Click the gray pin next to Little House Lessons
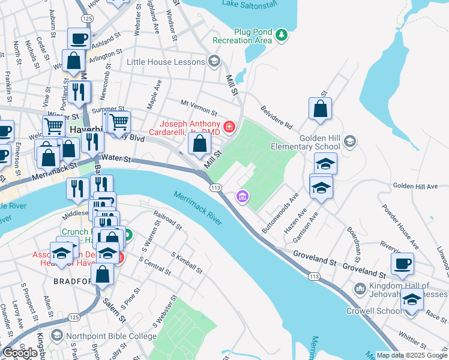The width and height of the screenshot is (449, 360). (x=214, y=61)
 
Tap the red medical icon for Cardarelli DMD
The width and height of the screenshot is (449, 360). (x=229, y=127)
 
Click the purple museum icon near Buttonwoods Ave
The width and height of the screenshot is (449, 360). (x=243, y=196)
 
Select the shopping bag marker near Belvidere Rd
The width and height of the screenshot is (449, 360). (x=321, y=109)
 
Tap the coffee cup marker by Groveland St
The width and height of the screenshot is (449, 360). (x=402, y=263)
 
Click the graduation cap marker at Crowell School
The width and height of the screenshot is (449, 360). (x=412, y=299)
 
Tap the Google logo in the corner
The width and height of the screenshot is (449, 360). (x=20, y=353)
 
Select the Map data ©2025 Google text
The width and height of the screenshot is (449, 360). (x=412, y=355)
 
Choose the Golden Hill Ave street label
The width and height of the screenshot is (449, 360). (x=415, y=187)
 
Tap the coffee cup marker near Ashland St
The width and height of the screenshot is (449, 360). (x=79, y=39)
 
